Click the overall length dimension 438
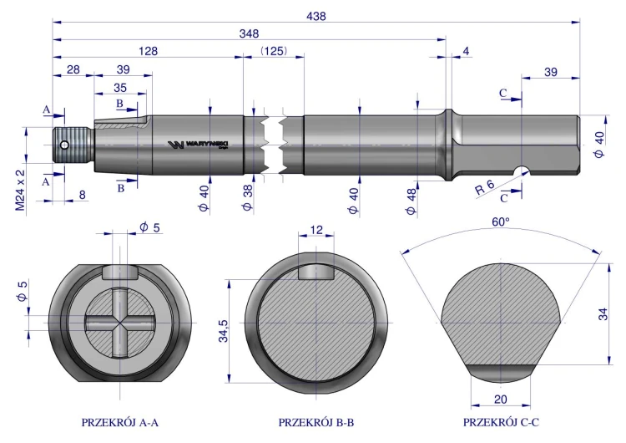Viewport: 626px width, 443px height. pyautogui.click(x=316, y=17)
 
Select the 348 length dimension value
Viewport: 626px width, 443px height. pyautogui.click(x=249, y=33)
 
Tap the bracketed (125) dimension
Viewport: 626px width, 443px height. pyautogui.click(x=274, y=51)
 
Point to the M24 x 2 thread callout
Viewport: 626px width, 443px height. pyautogui.click(x=20, y=190)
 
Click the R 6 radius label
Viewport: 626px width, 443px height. pyautogui.click(x=485, y=187)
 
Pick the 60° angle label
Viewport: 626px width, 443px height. pyautogui.click(x=501, y=221)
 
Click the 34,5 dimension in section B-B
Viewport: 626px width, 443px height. pyautogui.click(x=224, y=331)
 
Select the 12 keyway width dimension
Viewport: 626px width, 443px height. pyautogui.click(x=316, y=230)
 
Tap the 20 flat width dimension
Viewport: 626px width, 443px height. pyautogui.click(x=500, y=399)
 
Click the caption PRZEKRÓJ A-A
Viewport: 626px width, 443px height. pyautogui.click(x=119, y=423)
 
